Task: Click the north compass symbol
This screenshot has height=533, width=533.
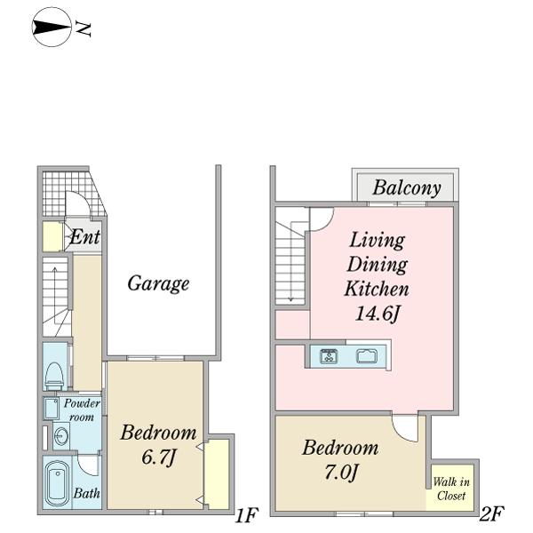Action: coord(52,28)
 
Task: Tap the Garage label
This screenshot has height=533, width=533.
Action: coord(158,283)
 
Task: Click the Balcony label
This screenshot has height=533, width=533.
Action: coord(407,187)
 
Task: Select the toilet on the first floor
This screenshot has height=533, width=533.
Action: coord(54,376)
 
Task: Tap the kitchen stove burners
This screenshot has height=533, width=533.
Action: coord(329,356)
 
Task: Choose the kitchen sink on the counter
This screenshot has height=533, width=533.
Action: coord(367,355)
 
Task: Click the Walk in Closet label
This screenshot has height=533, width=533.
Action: coord(451,489)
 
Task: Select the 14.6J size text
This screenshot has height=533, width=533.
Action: coord(377,314)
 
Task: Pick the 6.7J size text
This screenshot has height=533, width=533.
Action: coord(158,457)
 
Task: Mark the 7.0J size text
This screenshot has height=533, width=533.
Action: coord(341,473)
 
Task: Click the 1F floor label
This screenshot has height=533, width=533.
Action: coord(246,514)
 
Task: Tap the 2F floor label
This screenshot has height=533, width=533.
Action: coord(491,513)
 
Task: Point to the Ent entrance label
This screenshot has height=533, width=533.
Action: coord(85,236)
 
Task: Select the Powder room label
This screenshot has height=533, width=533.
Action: coord(82,410)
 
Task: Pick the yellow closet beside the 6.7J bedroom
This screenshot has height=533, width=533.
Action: coord(217,474)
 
